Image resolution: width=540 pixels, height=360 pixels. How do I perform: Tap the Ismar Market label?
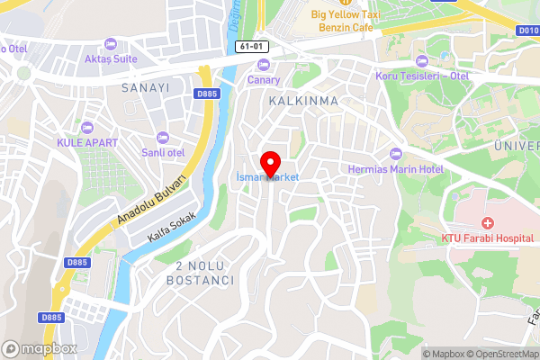pyautogui.click(x=267, y=178)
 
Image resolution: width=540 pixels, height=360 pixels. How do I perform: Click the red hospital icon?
pyautogui.click(x=488, y=222)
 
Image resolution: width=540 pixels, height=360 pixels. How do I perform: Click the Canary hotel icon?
pyautogui.click(x=264, y=64)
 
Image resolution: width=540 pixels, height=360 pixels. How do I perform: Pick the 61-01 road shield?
pyautogui.click(x=253, y=46)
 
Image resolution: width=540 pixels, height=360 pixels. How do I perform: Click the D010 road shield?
pyautogui.click(x=528, y=30)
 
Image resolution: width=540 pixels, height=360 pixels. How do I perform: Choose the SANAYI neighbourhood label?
pyautogui.click(x=145, y=88)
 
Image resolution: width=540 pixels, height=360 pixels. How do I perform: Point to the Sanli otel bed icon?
pyautogui.click(x=162, y=137)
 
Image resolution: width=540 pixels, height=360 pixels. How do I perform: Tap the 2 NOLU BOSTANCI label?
pyautogui.click(x=199, y=274)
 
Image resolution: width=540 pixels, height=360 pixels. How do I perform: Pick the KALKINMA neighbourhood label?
pyautogui.click(x=303, y=102)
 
